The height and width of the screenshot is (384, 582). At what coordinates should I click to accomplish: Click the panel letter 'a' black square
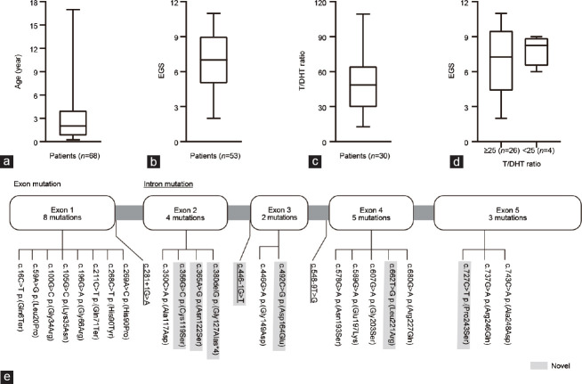click(9, 161)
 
